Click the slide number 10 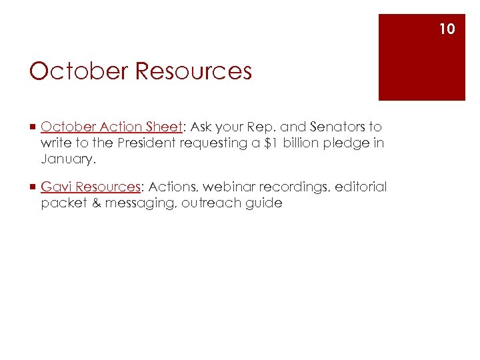(447, 29)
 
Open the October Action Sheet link (111, 127)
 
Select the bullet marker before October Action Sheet (33, 127)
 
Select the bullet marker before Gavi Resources (33, 187)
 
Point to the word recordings (297, 188)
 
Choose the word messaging (137, 204)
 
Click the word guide (264, 204)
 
